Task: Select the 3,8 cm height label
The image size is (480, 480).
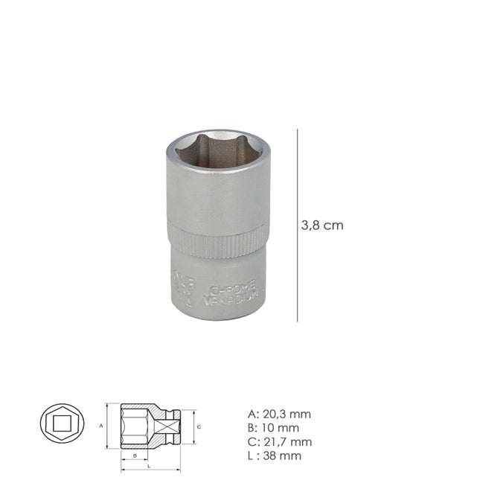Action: click(322, 225)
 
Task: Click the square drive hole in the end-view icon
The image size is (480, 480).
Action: click(62, 426)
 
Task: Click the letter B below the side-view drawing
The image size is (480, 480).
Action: click(135, 454)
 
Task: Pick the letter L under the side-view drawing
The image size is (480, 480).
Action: click(150, 467)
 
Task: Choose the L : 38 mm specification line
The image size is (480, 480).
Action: click(273, 455)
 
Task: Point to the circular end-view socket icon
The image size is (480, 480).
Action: click(62, 426)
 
